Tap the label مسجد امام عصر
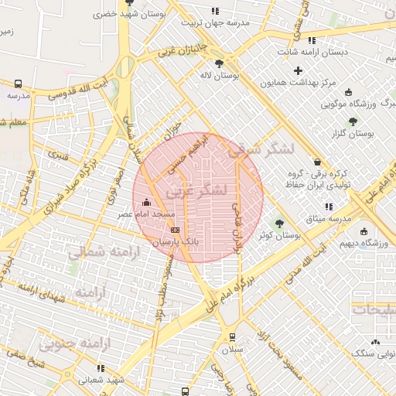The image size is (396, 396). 148,213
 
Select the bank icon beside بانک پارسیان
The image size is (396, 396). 174,230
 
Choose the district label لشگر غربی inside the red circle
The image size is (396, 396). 197,189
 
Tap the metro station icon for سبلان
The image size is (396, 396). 232,337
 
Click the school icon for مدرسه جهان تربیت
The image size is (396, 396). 215,11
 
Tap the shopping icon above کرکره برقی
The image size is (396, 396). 318,161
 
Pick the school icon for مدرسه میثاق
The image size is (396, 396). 329,207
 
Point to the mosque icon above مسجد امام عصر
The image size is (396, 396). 148,202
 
